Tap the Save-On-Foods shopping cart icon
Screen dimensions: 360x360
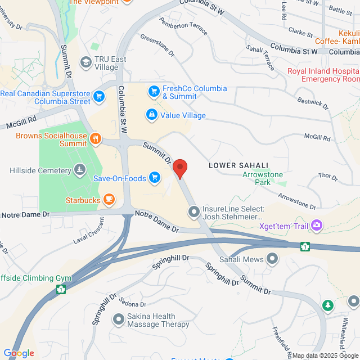click(x=155, y=179)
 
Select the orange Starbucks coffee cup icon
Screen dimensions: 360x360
click(x=109, y=199)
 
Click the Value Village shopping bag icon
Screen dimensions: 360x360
click(x=151, y=115)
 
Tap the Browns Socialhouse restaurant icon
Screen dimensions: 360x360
click(x=96, y=138)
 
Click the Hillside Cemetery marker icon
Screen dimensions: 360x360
click(x=80, y=169)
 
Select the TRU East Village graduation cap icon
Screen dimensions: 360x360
click(x=86, y=61)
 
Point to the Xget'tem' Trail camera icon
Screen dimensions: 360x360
click(x=317, y=226)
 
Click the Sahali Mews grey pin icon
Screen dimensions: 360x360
click(x=273, y=259)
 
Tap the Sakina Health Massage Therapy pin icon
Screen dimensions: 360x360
click(x=118, y=319)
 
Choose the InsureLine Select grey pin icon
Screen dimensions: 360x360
click(x=194, y=212)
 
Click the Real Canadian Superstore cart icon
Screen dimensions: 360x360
click(x=99, y=97)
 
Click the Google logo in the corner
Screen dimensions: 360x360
click(x=19, y=353)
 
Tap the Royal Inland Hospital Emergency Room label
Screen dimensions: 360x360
click(x=322, y=75)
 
